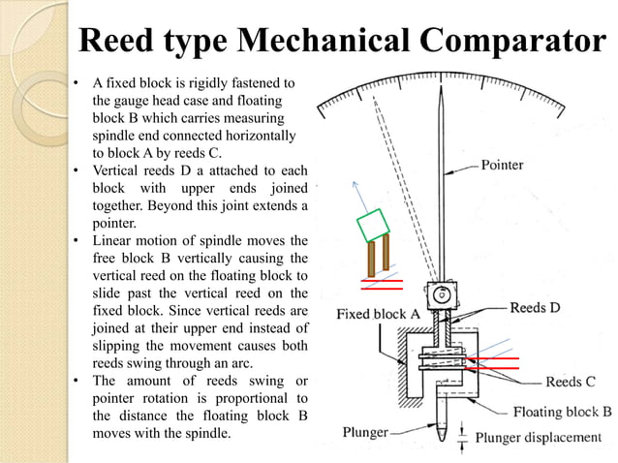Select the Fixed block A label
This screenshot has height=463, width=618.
[x=377, y=315]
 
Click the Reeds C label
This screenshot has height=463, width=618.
[x=576, y=382]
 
